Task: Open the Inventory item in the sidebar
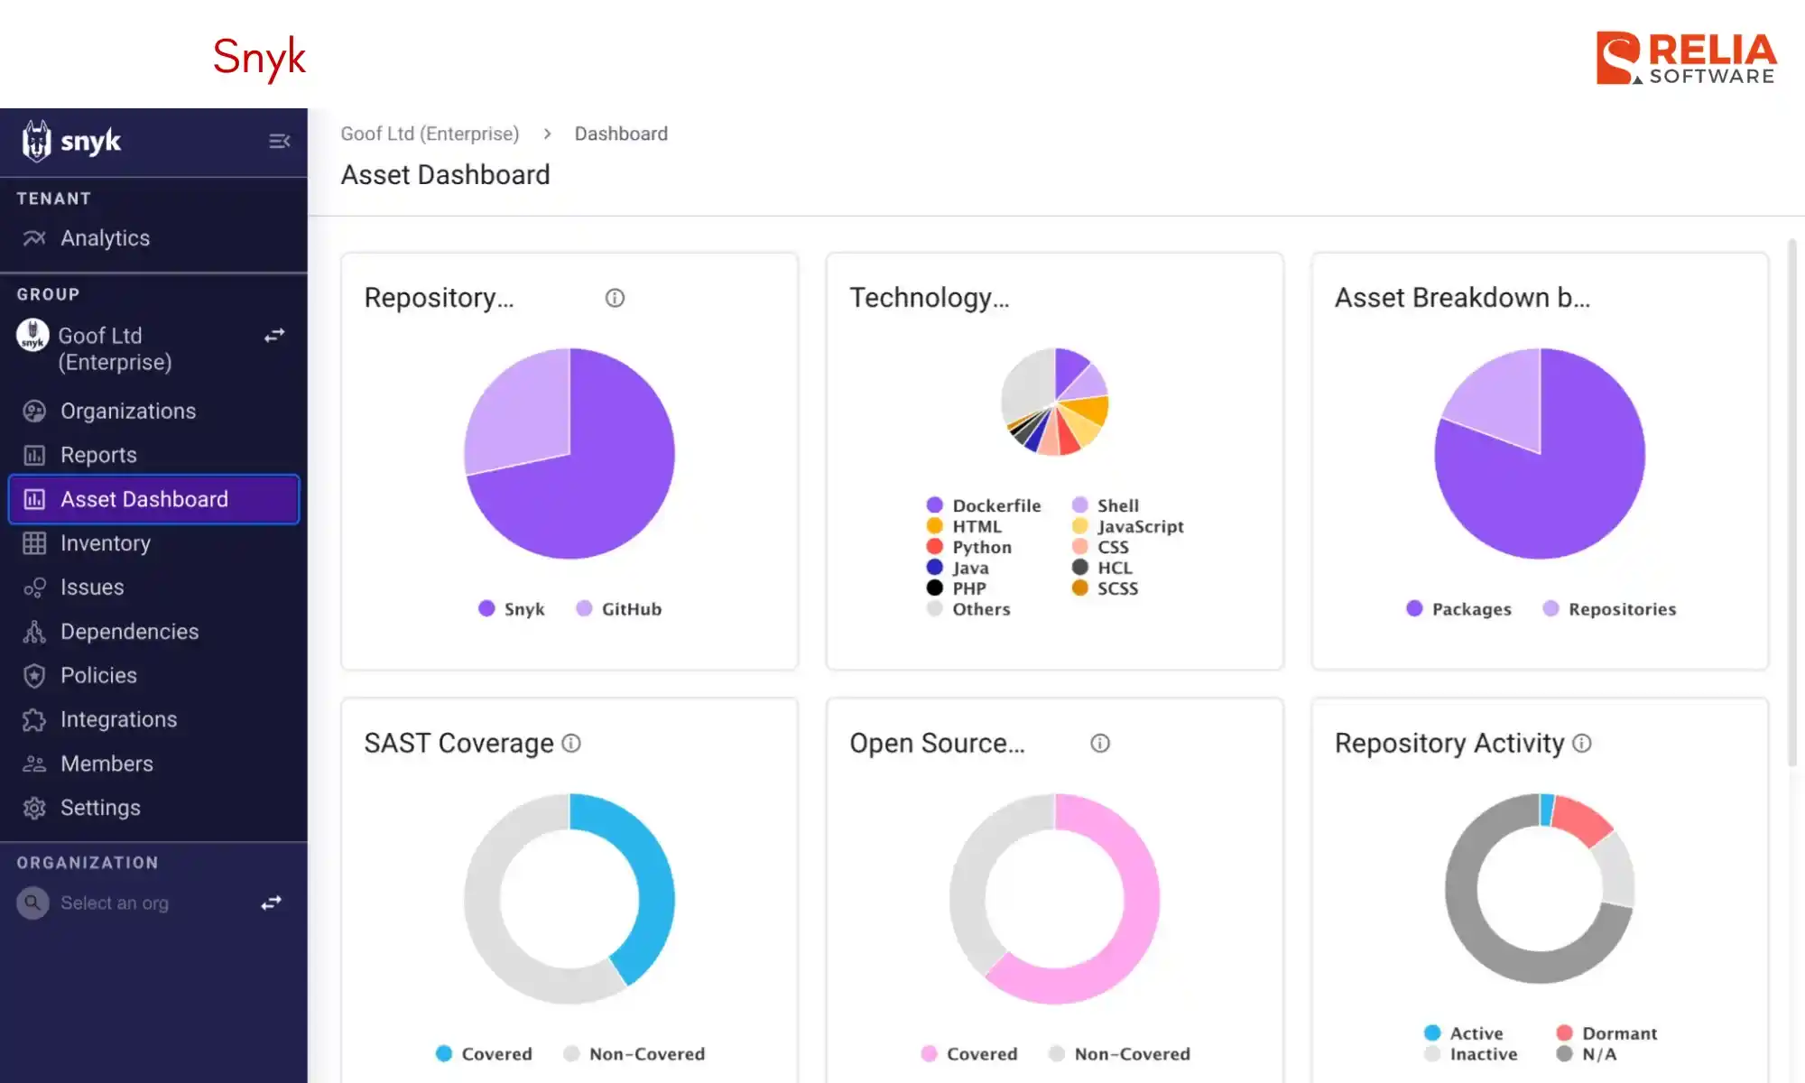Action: tap(105, 543)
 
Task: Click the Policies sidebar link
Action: tap(98, 675)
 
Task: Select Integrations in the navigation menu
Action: tap(118, 719)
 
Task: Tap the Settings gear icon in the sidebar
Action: tap(34, 808)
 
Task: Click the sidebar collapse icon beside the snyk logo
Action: tap(279, 142)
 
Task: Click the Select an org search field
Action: tap(115, 902)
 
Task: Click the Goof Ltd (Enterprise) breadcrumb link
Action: tap(430, 134)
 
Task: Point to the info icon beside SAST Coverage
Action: tap(571, 743)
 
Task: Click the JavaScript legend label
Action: tap(1140, 526)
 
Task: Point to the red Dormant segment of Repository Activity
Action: tap(1583, 819)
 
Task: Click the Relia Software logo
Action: tap(1686, 59)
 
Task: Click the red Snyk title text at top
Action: tap(259, 57)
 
